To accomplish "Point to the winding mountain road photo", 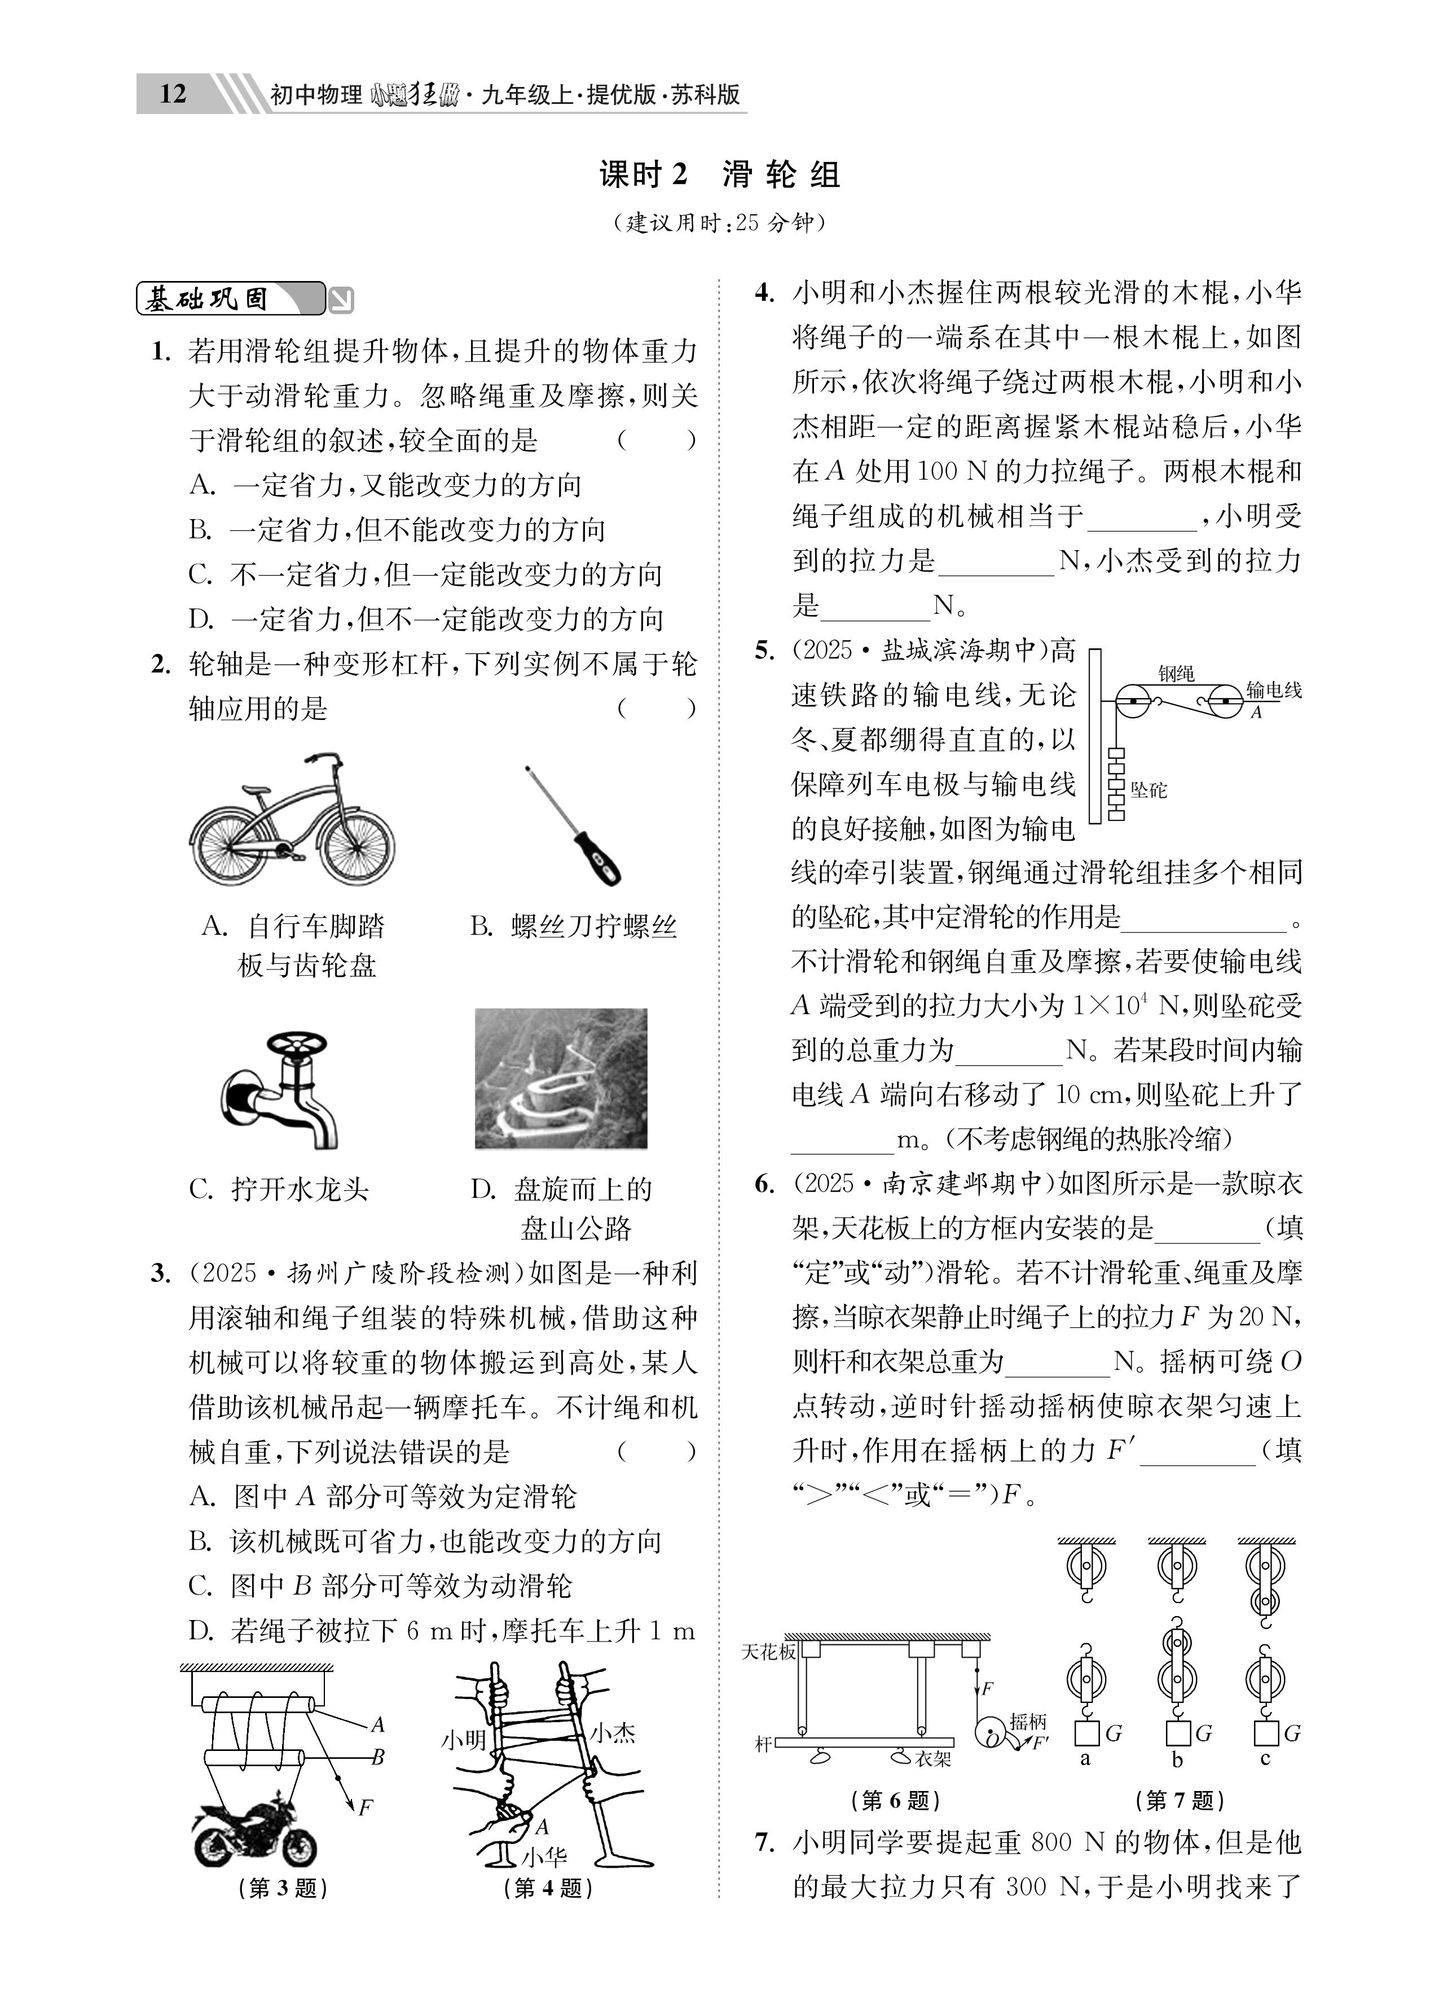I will pyautogui.click(x=561, y=1078).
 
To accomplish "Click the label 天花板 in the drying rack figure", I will pyautogui.click(x=769, y=1651).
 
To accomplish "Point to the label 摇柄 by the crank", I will pyautogui.click(x=1028, y=1721).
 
